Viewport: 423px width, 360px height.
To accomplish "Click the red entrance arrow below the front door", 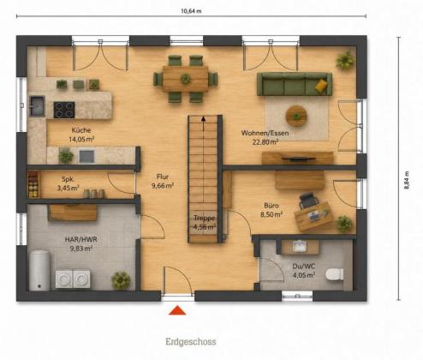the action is (177, 310).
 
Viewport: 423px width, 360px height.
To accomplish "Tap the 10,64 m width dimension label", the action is (191, 11).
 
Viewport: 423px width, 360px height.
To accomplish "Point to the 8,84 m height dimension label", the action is (407, 180).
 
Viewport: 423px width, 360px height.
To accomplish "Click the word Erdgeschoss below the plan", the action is (191, 341).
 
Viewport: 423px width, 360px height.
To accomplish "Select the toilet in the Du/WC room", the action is (335, 274).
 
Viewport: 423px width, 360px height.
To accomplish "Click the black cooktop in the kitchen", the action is (64, 110).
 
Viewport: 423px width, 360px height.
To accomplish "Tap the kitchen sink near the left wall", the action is (37, 106).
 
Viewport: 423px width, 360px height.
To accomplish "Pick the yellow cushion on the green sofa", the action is (321, 86).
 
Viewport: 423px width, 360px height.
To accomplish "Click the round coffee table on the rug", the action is (296, 116).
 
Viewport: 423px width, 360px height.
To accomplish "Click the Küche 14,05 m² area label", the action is (81, 135).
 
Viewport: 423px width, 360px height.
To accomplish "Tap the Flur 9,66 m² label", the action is (163, 182).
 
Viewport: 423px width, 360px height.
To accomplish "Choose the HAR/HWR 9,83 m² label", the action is (81, 243).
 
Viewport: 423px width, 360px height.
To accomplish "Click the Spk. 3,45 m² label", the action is (68, 183).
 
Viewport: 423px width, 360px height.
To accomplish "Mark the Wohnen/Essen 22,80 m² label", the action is (265, 137).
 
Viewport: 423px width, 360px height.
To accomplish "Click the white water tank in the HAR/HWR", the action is (39, 270).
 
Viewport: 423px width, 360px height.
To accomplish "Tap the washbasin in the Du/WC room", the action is (300, 247).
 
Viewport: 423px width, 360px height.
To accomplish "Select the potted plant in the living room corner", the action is (345, 60).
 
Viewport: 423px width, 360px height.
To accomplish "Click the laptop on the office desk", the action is (314, 216).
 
